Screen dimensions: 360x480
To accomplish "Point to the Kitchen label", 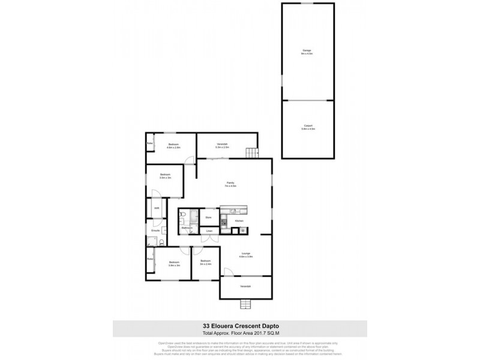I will point(238,221).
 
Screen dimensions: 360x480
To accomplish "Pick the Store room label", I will point(209,217).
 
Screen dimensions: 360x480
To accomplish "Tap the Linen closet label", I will point(209,231).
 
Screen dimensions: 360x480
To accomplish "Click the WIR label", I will point(157,208).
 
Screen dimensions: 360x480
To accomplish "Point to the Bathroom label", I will point(187,228).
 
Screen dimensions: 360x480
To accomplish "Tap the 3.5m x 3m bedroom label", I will point(166,176).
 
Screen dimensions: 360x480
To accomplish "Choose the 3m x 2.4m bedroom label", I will point(206,262).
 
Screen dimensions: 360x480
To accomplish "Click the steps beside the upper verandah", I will point(253,152).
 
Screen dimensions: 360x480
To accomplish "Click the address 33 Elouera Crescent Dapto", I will point(239,326).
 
